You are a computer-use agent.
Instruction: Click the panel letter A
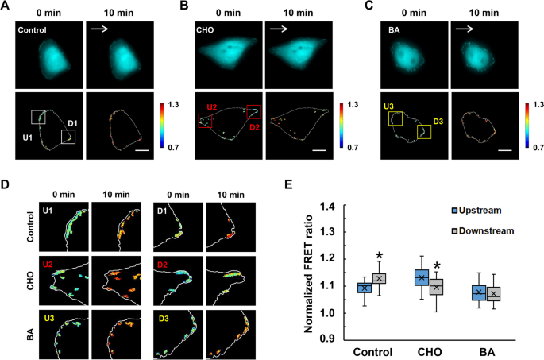click(x=6, y=7)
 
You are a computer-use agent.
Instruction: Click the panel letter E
click(x=291, y=184)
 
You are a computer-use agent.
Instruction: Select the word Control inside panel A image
click(x=35, y=30)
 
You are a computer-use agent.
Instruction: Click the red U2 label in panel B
click(x=212, y=106)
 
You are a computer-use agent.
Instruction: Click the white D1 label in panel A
click(x=72, y=123)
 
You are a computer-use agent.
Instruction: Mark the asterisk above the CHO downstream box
click(x=436, y=266)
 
